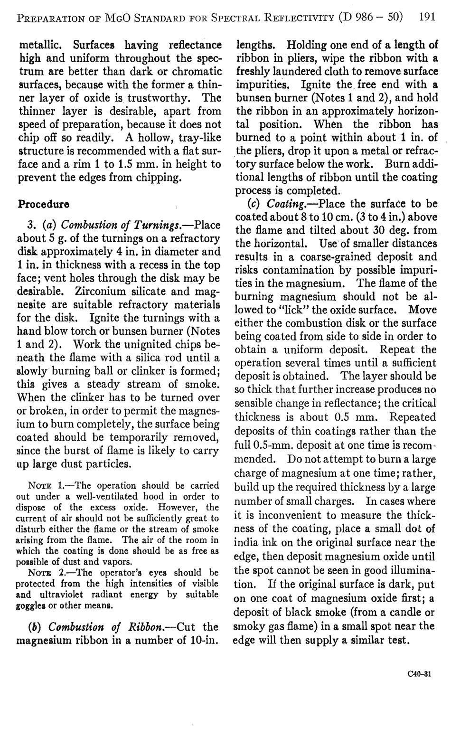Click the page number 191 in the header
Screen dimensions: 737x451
427,17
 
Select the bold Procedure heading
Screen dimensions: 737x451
43,205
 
